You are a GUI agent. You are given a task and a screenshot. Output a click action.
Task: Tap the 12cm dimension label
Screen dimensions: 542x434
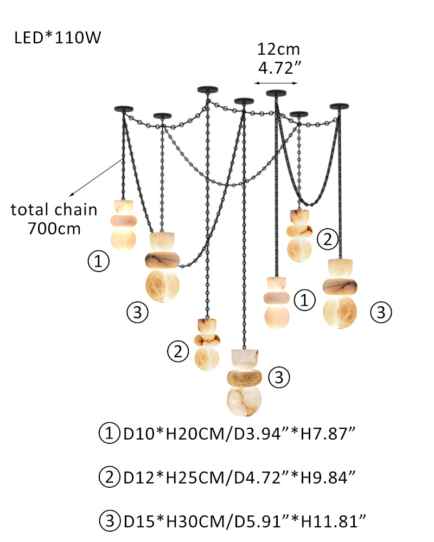coord(278,50)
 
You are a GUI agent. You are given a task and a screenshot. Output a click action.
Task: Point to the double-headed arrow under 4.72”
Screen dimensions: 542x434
coord(276,83)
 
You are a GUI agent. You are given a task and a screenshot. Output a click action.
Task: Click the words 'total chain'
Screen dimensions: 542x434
coord(54,209)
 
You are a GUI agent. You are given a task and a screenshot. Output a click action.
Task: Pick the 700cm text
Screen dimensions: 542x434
coord(54,228)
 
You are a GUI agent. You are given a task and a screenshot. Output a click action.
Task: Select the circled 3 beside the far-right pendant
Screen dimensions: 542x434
coord(381,312)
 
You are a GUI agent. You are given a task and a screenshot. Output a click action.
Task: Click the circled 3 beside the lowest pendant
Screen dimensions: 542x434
coord(279,377)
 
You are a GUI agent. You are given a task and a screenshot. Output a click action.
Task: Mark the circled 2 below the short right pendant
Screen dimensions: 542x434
coord(327,240)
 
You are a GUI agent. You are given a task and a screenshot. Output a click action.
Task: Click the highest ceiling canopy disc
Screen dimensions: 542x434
coord(207,89)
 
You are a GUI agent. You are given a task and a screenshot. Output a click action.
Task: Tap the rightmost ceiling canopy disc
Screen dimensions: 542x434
coord(340,106)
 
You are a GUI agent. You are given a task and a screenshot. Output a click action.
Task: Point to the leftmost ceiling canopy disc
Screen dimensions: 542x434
coord(123,108)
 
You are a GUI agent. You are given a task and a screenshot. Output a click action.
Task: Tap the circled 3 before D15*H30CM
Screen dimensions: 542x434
coord(110,522)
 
